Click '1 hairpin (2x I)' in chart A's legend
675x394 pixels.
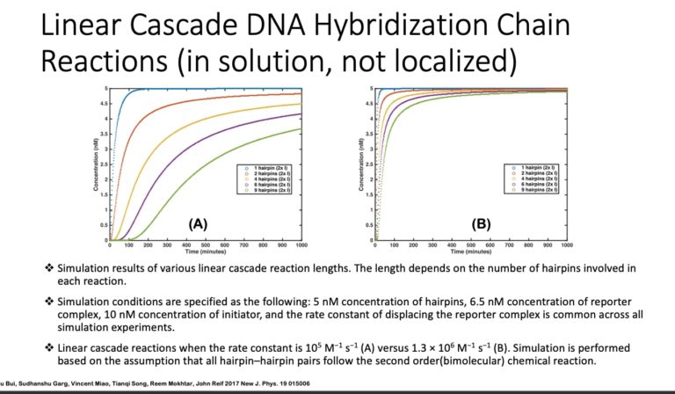pyautogui.click(x=266, y=166)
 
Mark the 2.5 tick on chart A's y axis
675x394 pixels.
pyautogui.click(x=105, y=164)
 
